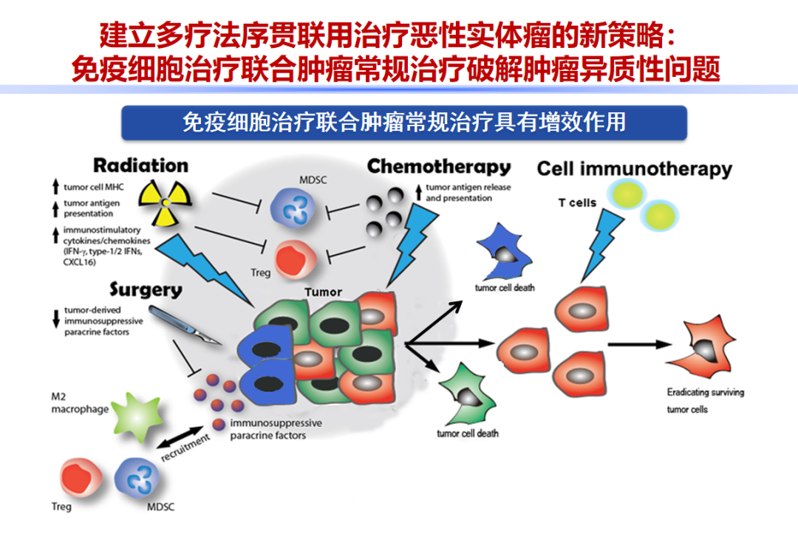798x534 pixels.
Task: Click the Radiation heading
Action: point(140,165)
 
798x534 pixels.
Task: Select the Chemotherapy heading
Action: point(439,167)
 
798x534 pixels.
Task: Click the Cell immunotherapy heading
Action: point(634,169)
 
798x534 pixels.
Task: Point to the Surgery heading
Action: point(146,289)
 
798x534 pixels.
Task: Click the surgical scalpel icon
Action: point(185,326)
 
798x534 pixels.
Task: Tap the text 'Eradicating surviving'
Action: point(705,392)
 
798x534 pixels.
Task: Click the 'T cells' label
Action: point(577,202)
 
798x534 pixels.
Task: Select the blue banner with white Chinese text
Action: point(404,123)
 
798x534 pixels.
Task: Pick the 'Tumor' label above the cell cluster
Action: point(323,292)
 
